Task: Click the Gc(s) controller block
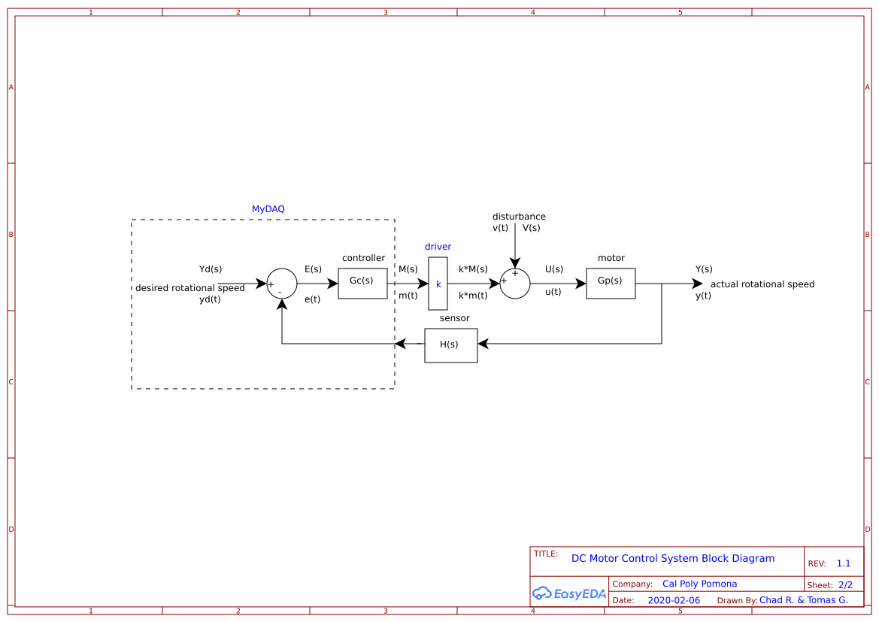tap(362, 284)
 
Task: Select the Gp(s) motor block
tap(611, 284)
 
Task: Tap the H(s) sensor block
tap(450, 345)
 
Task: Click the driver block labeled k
tap(438, 284)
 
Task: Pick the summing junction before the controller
tap(282, 284)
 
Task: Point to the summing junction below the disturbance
tap(515, 284)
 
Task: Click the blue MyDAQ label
tap(268, 209)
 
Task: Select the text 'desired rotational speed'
tap(189, 288)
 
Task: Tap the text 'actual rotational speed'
tap(762, 284)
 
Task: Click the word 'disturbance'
tap(519, 217)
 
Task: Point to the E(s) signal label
tap(313, 269)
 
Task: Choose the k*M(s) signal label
tap(473, 269)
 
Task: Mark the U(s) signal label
tap(553, 269)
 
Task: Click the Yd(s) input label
tap(210, 269)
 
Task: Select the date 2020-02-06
tap(673, 600)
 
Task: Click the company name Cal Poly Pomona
tap(699, 584)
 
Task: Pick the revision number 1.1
tap(843, 563)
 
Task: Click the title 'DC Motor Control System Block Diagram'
tap(672, 558)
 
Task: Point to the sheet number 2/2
tap(845, 584)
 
